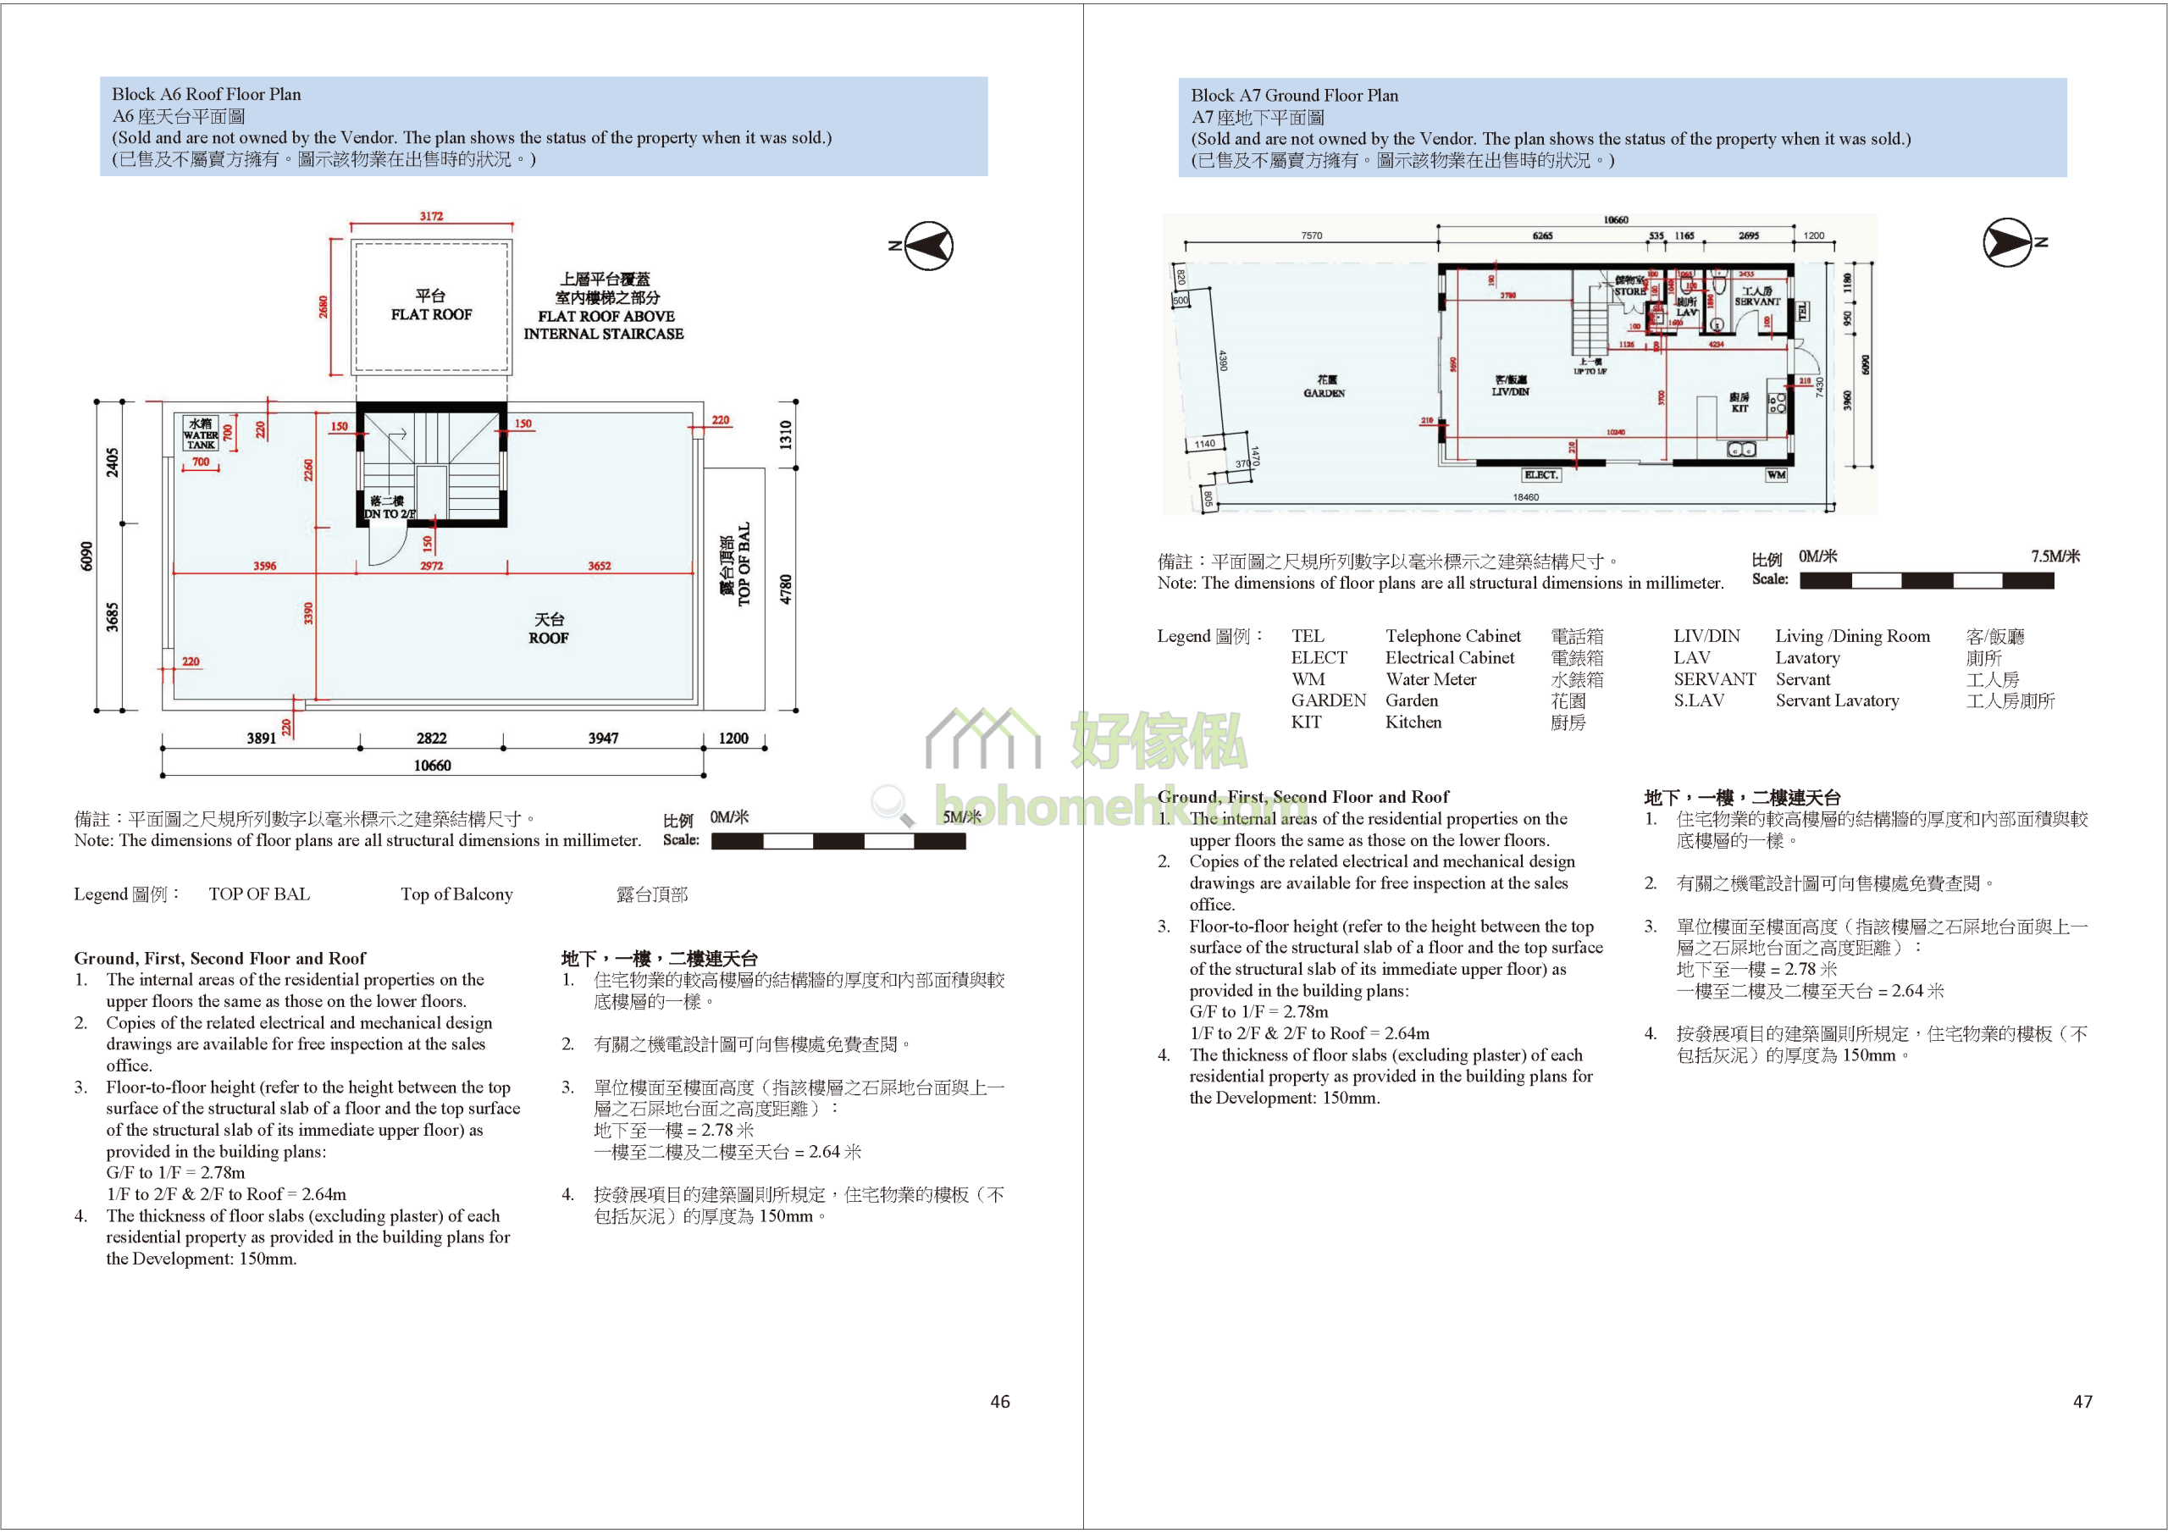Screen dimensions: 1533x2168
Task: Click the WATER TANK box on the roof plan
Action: (x=200, y=433)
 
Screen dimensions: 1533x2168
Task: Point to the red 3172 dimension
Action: (x=432, y=216)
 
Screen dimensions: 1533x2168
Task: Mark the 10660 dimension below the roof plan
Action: (x=432, y=765)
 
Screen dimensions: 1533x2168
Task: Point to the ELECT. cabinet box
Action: (x=1540, y=474)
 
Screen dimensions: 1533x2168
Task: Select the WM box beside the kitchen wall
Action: (x=1776, y=474)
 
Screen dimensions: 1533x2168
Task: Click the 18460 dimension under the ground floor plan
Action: (x=1525, y=497)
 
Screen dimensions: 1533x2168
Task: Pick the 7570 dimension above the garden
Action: (x=1312, y=235)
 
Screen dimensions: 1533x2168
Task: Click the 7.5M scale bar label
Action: (x=2055, y=556)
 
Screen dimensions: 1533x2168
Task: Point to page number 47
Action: (x=2082, y=1402)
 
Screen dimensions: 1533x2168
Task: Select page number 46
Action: (x=999, y=1402)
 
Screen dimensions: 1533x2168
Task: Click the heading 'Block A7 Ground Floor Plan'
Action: (x=1294, y=96)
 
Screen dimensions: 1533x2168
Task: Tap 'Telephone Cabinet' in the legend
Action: (x=1452, y=636)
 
